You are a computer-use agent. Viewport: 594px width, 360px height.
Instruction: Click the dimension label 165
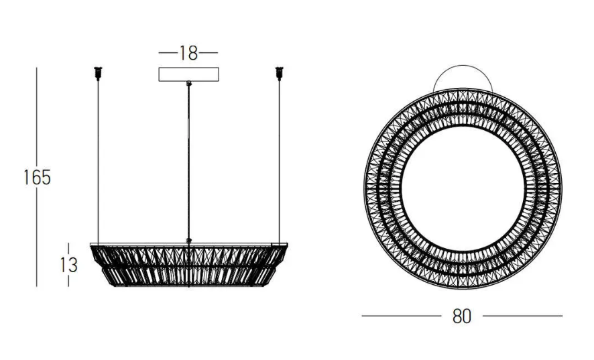[x=37, y=178]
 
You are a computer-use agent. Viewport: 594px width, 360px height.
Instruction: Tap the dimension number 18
[x=188, y=53]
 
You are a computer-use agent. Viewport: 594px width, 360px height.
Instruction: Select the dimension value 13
[x=68, y=265]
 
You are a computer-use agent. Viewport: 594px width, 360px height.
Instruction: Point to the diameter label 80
[x=462, y=316]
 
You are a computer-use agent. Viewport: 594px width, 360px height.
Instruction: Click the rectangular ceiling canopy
[x=188, y=74]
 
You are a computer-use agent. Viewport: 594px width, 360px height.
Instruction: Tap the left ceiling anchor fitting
[x=98, y=74]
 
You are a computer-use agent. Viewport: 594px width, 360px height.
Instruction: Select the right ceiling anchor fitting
[x=280, y=74]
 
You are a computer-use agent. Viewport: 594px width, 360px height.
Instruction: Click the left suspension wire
[x=98, y=162]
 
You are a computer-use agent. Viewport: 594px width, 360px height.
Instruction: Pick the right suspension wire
[x=280, y=162]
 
